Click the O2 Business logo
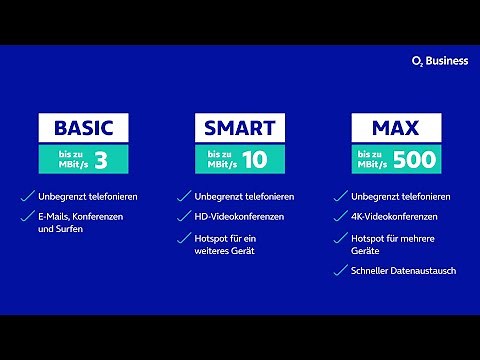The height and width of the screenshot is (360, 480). pos(439,61)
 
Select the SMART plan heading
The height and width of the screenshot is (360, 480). pos(241,128)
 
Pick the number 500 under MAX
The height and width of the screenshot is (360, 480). pos(412,159)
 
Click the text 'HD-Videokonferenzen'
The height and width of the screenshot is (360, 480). pos(240,217)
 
